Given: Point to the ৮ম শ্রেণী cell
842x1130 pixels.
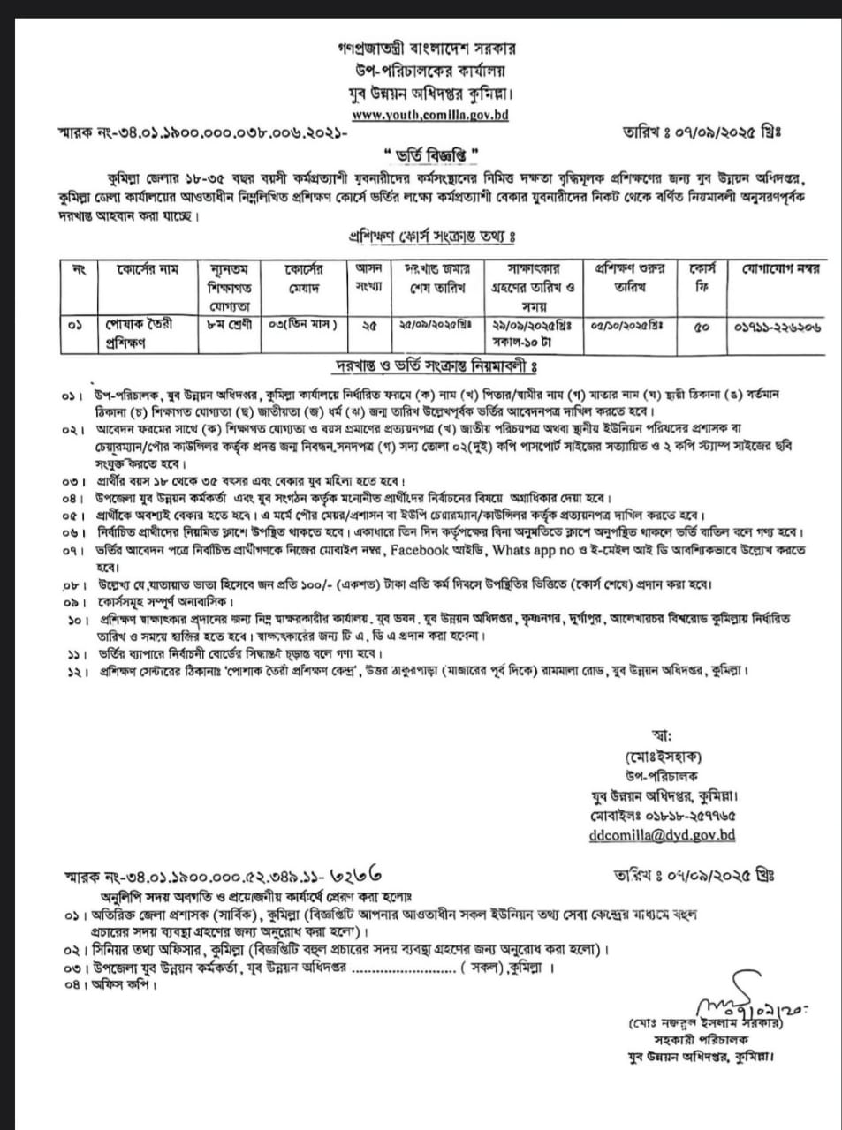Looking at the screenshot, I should click(x=229, y=324).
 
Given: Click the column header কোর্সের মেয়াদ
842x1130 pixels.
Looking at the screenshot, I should click(x=304, y=275).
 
